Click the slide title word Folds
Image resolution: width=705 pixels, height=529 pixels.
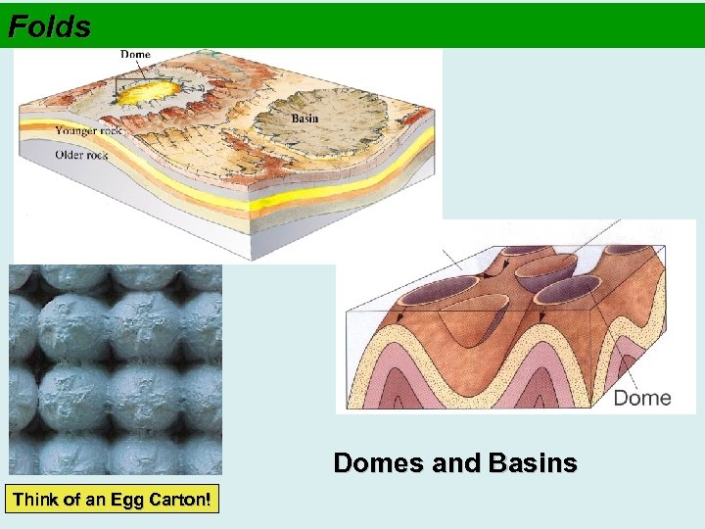[x=49, y=26]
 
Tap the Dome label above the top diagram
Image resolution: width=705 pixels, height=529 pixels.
[x=135, y=55]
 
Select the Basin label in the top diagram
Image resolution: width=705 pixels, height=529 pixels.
[x=305, y=119]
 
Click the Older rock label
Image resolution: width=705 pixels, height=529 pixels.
[x=81, y=153]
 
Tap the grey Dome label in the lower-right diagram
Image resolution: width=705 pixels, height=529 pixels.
[x=641, y=398]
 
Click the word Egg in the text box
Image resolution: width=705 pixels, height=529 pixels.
[x=130, y=500]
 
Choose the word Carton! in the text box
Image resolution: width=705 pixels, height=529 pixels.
[x=180, y=500]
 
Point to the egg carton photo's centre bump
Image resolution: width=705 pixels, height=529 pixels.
[x=116, y=370]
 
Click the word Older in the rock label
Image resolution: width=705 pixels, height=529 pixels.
[x=70, y=153]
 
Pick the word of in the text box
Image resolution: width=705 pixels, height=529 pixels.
[x=71, y=500]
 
